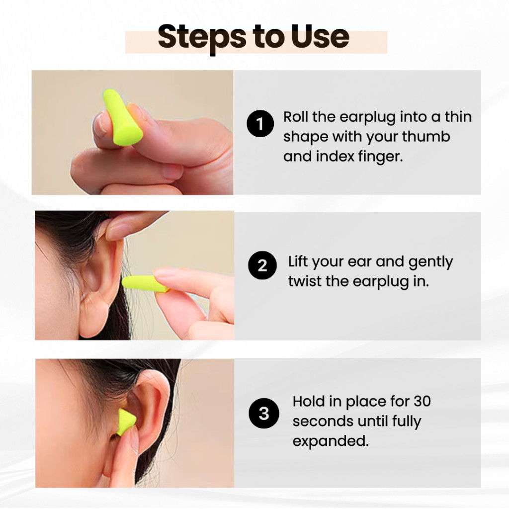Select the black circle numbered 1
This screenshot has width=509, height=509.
point(260,124)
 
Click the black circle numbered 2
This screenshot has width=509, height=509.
point(262,265)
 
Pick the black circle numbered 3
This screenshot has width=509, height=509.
point(263,413)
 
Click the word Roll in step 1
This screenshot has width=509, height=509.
point(296,116)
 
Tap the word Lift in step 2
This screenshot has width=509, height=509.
point(298,261)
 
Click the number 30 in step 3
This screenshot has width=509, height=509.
point(422,402)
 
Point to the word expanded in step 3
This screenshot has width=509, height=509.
point(331,441)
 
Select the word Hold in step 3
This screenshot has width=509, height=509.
point(309,402)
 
